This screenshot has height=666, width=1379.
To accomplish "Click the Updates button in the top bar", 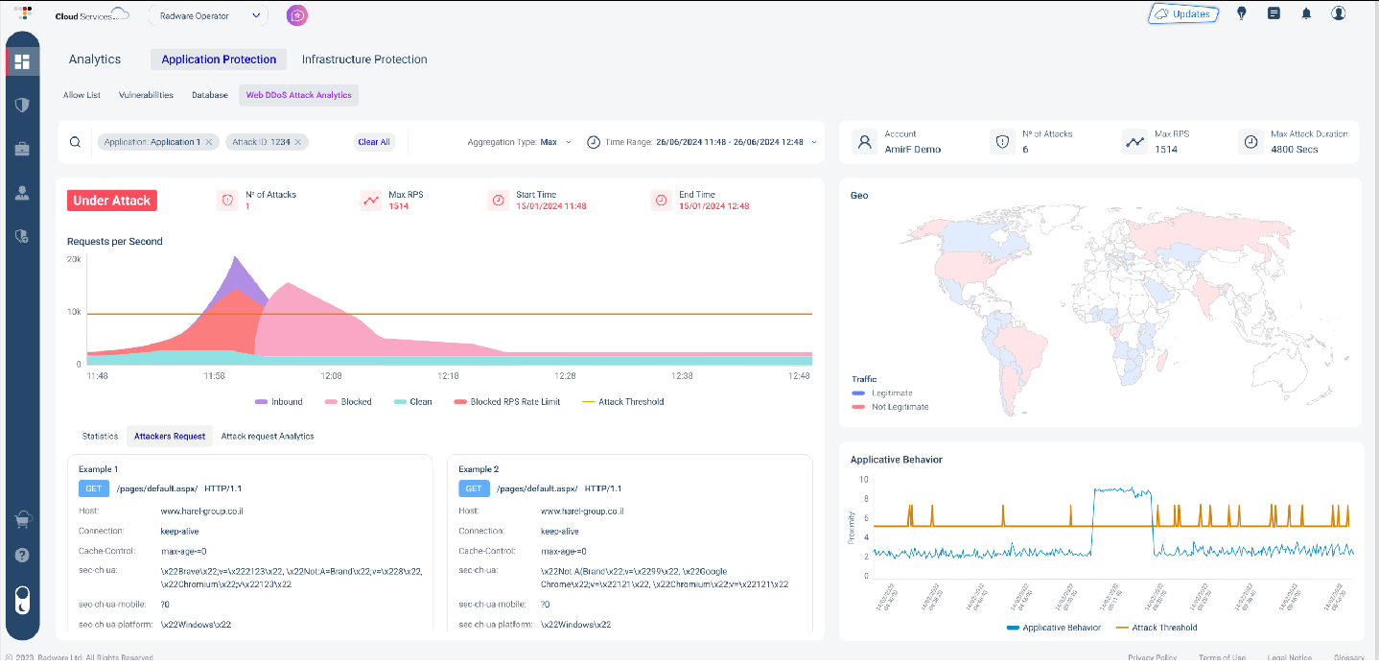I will (x=1183, y=14).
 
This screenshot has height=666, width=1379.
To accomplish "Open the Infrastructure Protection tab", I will (x=364, y=59).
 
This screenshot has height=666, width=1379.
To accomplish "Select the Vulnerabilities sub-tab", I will (x=146, y=95).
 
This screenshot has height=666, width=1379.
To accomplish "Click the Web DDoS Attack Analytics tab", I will (x=298, y=95).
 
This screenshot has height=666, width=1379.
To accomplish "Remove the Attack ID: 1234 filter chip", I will (x=298, y=142).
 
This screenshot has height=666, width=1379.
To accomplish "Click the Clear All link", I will (x=373, y=142).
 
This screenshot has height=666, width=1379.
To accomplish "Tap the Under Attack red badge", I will (x=112, y=201).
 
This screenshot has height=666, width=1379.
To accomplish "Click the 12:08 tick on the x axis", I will (x=332, y=376).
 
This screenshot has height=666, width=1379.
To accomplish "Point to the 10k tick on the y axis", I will (x=73, y=313).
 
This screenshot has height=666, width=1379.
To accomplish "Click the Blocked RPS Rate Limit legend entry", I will (x=507, y=402).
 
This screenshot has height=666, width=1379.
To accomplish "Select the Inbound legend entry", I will (x=279, y=402).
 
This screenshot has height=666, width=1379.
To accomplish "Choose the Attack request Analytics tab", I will (x=268, y=436).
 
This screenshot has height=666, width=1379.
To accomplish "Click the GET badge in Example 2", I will (x=473, y=488).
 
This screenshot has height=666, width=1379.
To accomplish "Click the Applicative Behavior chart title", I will (x=896, y=460).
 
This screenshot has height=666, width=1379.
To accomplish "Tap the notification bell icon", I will (x=1306, y=14).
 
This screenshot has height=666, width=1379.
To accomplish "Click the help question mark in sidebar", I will (x=22, y=556).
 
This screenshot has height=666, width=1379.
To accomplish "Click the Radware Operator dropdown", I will (x=208, y=15).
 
